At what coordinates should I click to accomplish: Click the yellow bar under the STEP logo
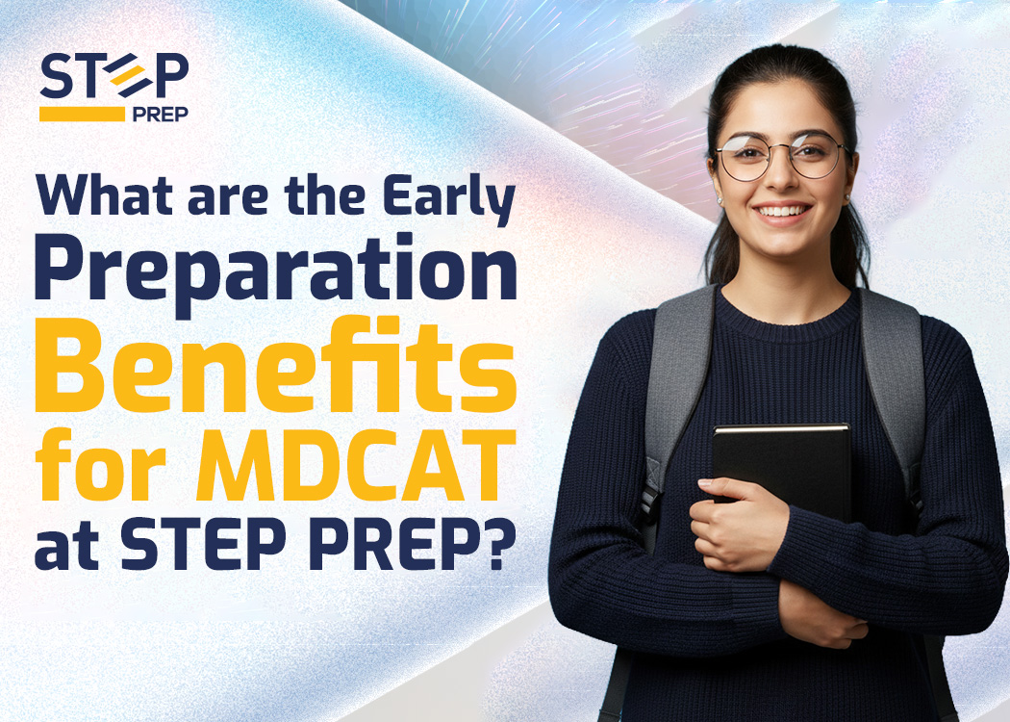click(x=82, y=114)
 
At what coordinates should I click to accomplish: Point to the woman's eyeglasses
click(x=782, y=156)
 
